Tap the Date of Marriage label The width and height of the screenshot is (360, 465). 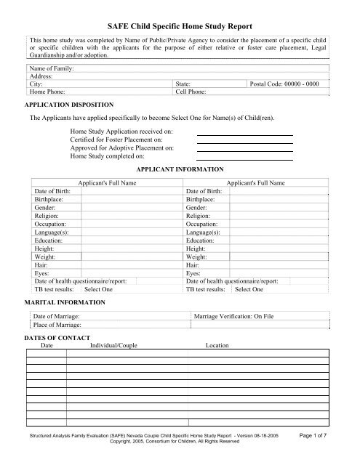[x=57, y=318]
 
